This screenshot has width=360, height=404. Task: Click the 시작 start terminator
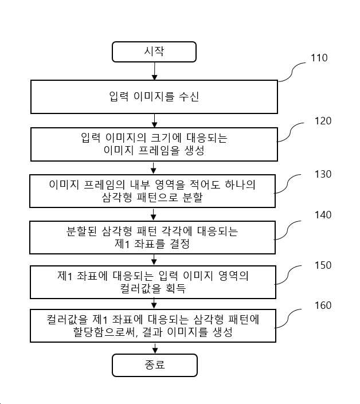(154, 52)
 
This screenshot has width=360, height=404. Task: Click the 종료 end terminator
(155, 365)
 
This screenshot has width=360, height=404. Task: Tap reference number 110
(319, 58)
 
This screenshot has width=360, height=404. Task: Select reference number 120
(323, 121)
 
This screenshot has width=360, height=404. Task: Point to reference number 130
(323, 174)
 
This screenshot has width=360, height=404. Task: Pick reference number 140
(323, 215)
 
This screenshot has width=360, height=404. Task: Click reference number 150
(323, 265)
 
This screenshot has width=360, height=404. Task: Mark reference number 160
(323, 305)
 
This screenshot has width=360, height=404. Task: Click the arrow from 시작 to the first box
(154, 71)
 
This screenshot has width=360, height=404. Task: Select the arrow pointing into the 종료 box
(155, 348)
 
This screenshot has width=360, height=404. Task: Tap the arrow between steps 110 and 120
(154, 120)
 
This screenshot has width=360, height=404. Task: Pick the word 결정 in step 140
(179, 244)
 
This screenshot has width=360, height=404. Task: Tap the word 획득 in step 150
(176, 288)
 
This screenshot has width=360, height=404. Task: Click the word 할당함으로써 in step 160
(103, 332)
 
